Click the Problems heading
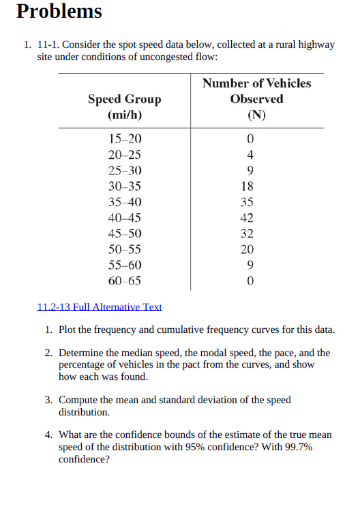click(x=59, y=12)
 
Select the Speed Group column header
click(x=125, y=100)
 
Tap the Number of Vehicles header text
click(x=256, y=83)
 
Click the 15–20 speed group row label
click(x=125, y=139)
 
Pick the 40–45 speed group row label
click(x=125, y=218)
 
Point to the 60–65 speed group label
click(x=125, y=280)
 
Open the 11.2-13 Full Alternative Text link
click(x=99, y=307)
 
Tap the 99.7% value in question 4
click(x=300, y=448)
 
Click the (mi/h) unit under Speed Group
click(x=125, y=115)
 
